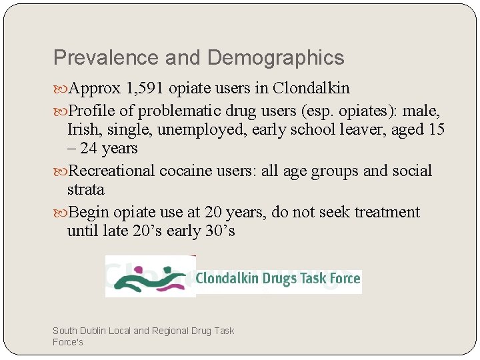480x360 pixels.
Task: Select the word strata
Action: pyautogui.click(x=85, y=190)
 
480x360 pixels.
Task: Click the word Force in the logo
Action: pyautogui.click(x=345, y=279)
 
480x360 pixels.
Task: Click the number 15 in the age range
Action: pyautogui.click(x=436, y=129)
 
